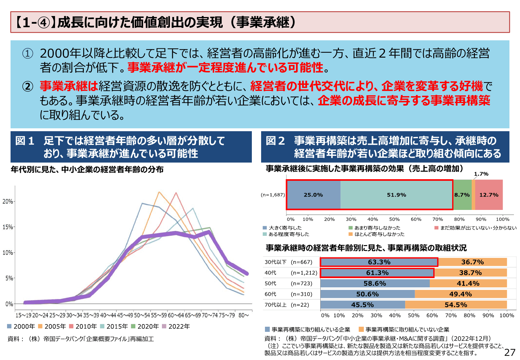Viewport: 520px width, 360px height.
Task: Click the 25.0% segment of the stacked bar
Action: pos(313,195)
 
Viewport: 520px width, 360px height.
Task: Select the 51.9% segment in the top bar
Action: pos(396,195)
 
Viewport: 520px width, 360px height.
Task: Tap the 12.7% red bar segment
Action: pos(489,195)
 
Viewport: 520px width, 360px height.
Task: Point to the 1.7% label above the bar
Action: pos(481,174)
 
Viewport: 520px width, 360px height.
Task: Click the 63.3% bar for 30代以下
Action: pos(379,262)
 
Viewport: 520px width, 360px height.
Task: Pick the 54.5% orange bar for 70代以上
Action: pos(456,305)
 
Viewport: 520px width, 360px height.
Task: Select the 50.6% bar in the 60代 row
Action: pos(367,294)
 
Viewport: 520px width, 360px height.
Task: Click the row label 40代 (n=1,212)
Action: pos(291,273)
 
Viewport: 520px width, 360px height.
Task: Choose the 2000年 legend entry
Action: pos(21,326)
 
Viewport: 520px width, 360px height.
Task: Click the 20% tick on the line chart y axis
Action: pos(8,201)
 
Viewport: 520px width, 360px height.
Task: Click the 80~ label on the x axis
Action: pos(244,316)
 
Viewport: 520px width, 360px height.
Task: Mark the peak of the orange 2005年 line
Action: pos(159,192)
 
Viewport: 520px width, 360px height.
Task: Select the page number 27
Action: pos(509,352)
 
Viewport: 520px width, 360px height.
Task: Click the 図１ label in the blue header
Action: pos(25,141)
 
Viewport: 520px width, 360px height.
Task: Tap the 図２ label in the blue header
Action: pos(275,141)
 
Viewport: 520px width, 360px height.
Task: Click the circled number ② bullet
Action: pos(28,86)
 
